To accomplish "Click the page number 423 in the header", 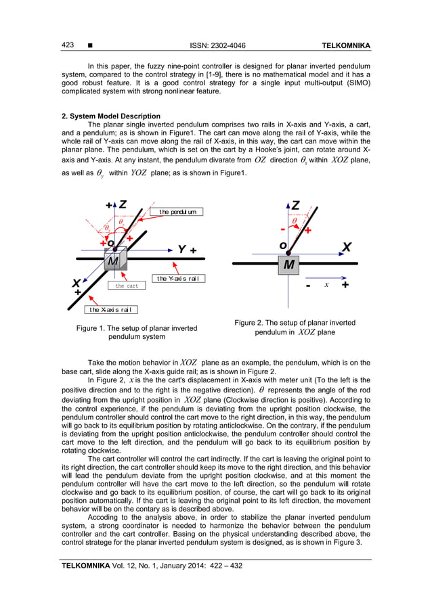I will [x=68, y=45].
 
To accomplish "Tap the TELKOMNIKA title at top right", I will [x=345, y=46].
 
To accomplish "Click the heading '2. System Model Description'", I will [x=111, y=116].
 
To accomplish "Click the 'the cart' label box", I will [x=127, y=286].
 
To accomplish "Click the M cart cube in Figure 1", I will [x=114, y=261].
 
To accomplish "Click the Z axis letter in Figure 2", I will [x=295, y=205].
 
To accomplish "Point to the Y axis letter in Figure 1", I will [x=181, y=250].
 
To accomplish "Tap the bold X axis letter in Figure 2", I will [x=347, y=247].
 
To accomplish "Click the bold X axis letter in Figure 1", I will [x=77, y=284].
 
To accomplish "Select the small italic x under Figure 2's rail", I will [x=326, y=285].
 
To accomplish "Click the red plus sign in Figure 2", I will [x=308, y=231].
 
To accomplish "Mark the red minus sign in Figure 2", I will [x=282, y=227].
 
